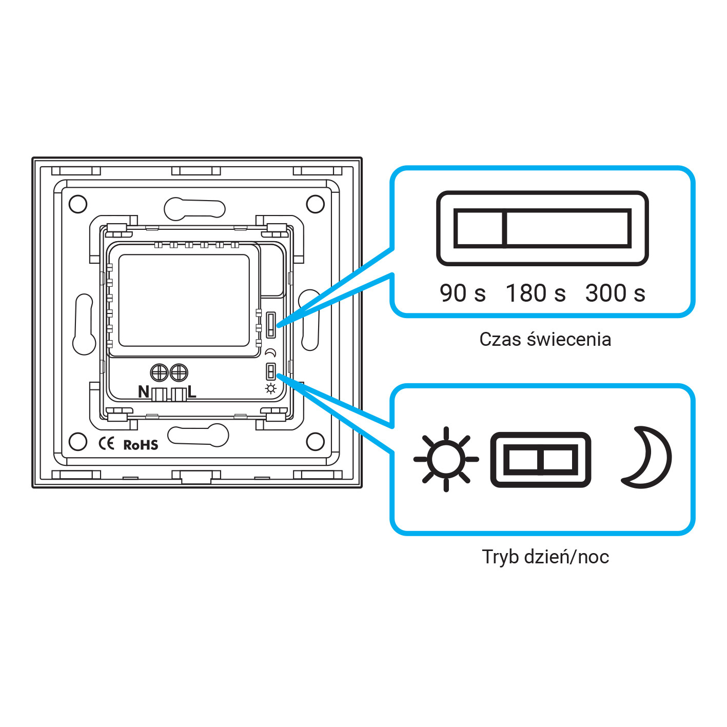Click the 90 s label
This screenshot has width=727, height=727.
tap(462, 293)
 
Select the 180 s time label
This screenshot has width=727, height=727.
tap(536, 293)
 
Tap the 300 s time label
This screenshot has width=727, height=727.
tap(615, 293)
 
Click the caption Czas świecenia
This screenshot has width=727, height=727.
tap(545, 340)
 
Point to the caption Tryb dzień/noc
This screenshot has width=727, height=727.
tap(545, 557)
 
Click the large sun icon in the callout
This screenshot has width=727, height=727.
tap(446, 459)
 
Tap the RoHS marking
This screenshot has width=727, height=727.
tap(141, 445)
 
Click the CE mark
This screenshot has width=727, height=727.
tap(107, 443)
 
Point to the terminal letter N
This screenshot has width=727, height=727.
tap(144, 392)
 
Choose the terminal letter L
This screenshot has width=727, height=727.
tap(192, 392)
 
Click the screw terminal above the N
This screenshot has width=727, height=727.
tap(160, 372)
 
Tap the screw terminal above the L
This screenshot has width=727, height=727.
tap(179, 372)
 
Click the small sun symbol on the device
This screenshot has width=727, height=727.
tap(271, 388)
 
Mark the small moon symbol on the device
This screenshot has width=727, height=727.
tap(271, 353)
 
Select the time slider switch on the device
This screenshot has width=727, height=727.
tap(271, 325)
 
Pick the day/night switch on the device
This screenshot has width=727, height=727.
tap(271, 371)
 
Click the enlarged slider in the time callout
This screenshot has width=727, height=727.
tap(542, 228)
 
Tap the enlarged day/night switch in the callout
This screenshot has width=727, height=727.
tap(541, 460)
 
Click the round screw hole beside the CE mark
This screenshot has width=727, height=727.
tap(78, 442)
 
